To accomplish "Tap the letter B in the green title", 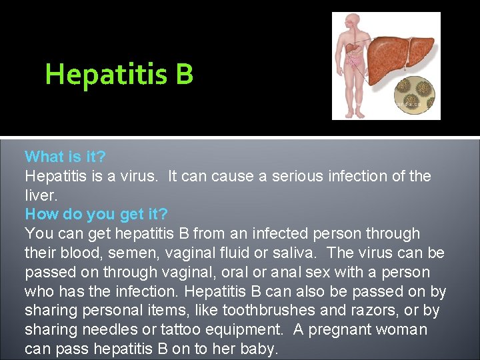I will point(185,74).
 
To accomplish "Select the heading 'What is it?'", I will point(65,157).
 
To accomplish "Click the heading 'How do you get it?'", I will point(96,214).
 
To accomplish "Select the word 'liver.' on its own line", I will point(41,195).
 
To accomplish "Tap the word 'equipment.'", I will point(245,330).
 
